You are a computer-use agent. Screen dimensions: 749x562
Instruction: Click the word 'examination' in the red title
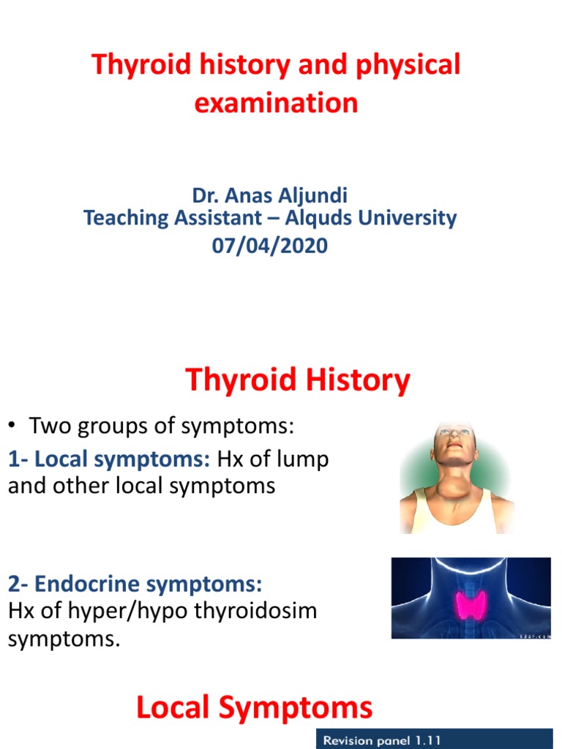(276, 102)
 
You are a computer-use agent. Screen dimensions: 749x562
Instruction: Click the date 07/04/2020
(270, 246)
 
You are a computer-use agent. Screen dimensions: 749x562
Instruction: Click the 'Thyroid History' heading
(297, 381)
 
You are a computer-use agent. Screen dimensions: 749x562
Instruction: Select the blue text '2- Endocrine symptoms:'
(135, 584)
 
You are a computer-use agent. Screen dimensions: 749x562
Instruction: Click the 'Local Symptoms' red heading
(254, 707)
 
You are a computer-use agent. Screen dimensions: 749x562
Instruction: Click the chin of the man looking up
(454, 457)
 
